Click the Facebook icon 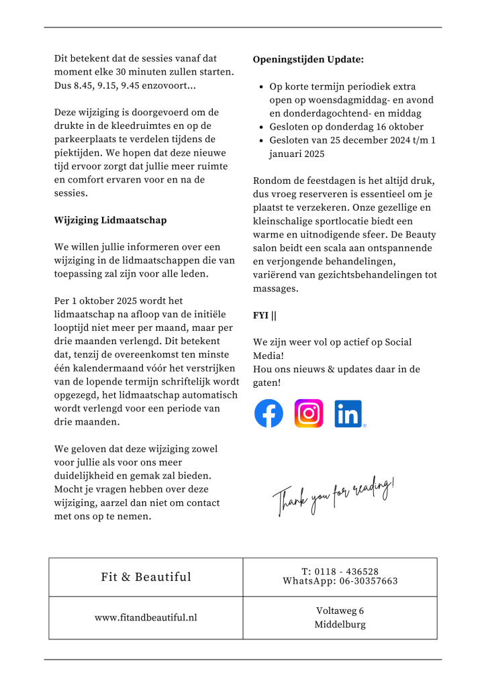click(269, 413)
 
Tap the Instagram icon click(309, 413)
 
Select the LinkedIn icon click(348, 413)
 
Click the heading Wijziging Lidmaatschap click(110, 220)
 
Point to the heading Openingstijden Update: click(308, 60)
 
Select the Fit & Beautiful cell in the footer click(146, 577)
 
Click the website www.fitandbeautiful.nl click(146, 617)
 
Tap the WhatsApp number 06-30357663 click(368, 581)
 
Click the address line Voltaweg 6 click(340, 611)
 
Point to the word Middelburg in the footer click(340, 625)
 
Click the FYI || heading click(264, 315)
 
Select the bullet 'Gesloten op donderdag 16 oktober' click(346, 127)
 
